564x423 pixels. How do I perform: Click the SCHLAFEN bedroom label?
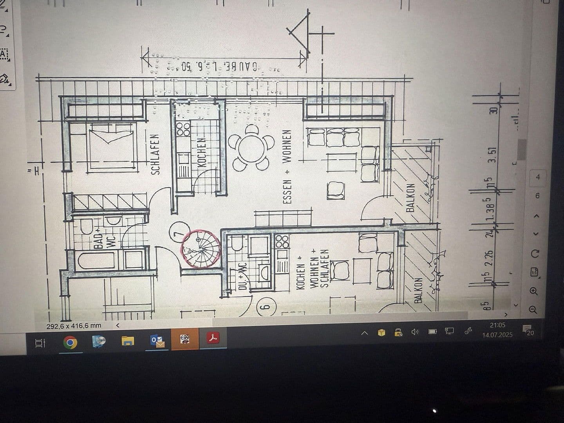155,154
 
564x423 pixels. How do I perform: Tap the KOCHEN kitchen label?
202,152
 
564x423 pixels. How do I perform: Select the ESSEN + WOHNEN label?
287,166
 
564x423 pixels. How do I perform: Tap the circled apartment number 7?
179,233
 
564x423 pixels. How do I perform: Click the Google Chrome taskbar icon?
70,343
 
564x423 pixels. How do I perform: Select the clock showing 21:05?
498,325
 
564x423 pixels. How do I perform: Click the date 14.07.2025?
497,335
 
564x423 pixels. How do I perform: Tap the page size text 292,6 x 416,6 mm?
74,326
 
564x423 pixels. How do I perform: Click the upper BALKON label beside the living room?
410,197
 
